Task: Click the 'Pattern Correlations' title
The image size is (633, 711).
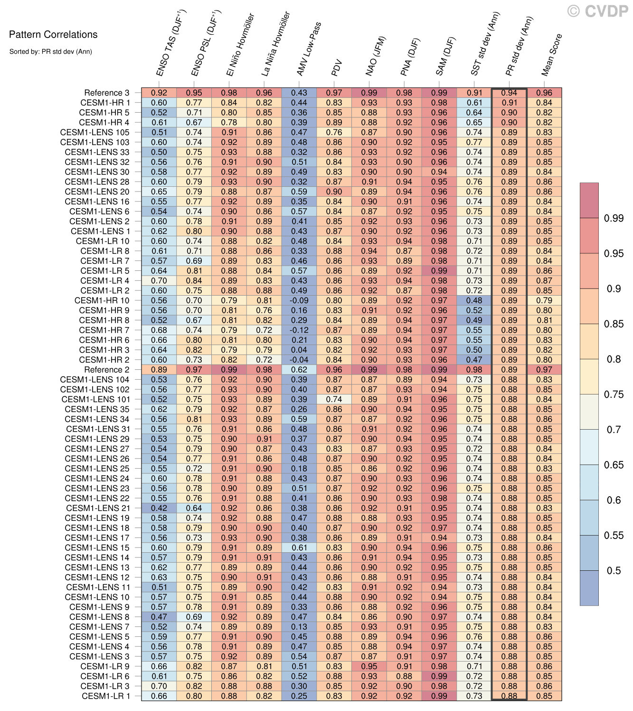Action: coord(53,35)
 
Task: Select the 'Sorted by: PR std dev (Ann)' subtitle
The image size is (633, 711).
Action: coord(50,51)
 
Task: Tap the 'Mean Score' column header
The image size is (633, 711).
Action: coord(551,55)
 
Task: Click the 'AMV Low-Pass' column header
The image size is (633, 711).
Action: coord(309,49)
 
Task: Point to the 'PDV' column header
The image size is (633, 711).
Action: coord(337,68)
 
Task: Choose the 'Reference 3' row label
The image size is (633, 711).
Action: coord(106,93)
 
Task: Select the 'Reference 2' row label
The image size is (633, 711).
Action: coord(106,370)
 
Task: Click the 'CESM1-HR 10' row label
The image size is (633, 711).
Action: coord(102,300)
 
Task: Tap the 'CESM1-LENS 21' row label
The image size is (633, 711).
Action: coord(97,508)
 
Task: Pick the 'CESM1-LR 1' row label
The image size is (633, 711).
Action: coord(105,696)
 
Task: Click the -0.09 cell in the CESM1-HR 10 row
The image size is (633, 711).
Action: coord(299,300)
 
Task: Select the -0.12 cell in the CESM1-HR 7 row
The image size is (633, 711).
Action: coord(299,330)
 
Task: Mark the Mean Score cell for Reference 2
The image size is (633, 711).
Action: coord(544,370)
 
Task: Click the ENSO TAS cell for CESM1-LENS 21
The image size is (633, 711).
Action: coord(159,508)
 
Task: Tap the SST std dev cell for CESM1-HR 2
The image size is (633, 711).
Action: coord(474,360)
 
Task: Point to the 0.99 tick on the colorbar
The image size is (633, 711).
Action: coord(613,218)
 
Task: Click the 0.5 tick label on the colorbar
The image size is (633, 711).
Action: coord(614,571)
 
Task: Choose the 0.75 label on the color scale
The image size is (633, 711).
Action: coord(613,394)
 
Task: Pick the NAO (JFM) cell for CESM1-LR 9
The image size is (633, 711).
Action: coord(369,666)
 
